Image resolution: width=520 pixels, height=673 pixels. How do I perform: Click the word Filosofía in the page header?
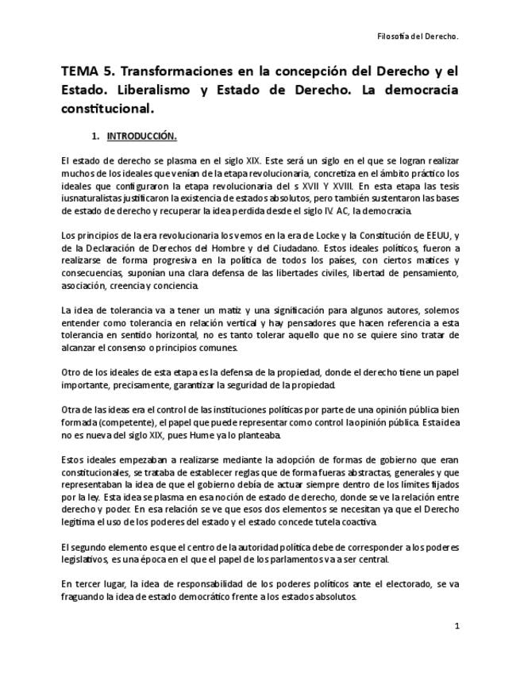coord(394,37)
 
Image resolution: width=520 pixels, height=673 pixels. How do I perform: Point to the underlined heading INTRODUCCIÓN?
coord(142,136)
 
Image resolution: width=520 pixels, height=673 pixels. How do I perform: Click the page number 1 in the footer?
coord(456,627)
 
